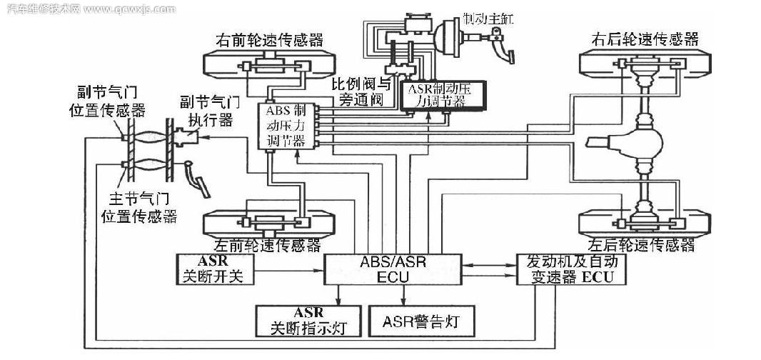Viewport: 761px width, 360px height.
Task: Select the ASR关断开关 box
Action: (213, 269)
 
